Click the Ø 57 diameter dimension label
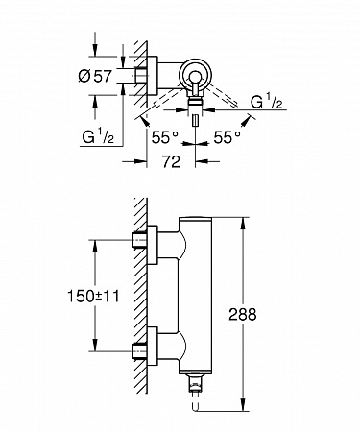(x=95, y=76)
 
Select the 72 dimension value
(x=171, y=161)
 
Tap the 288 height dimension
(x=243, y=314)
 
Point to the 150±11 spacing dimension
(x=93, y=296)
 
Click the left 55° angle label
(x=164, y=137)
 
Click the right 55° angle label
(x=227, y=137)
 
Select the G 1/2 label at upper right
(x=266, y=103)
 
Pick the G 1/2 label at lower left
(x=98, y=136)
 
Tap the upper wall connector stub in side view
(x=139, y=240)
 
